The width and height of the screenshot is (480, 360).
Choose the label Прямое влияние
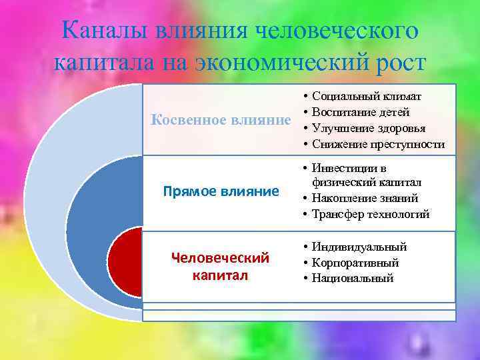pos(221,192)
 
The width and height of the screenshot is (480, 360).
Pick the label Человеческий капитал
pos(220,266)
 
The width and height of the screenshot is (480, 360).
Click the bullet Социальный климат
pos(366,97)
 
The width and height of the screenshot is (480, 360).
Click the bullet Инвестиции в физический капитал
pos(366,175)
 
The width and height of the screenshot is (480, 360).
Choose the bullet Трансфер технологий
pos(370,214)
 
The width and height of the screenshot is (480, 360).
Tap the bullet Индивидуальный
pos(359,247)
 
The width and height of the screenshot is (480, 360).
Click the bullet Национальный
pos(353,278)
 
